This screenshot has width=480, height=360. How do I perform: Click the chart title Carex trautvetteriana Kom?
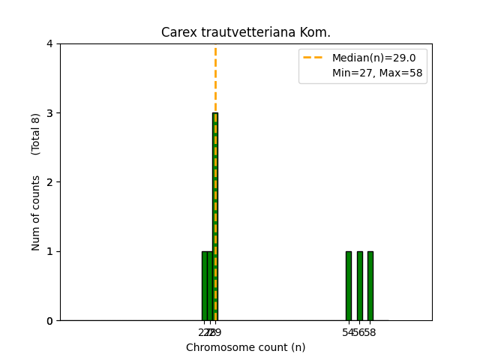(x=246, y=32)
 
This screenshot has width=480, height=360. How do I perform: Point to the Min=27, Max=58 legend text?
(x=377, y=73)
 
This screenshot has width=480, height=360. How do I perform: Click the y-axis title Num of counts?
(x=36, y=212)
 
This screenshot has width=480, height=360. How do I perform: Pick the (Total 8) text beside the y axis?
(x=36, y=134)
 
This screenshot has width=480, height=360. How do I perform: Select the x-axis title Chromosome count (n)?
(x=246, y=347)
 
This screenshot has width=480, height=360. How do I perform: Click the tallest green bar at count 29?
(x=215, y=217)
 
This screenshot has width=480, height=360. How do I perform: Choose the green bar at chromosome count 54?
(x=348, y=286)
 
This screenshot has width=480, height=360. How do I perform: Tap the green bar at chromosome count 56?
(x=359, y=286)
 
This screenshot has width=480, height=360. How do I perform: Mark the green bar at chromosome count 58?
(x=370, y=286)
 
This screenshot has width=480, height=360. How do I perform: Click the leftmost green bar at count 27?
(x=204, y=286)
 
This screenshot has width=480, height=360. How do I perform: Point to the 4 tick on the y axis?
(x=49, y=43)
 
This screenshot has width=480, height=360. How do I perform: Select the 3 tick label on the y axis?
(x=49, y=113)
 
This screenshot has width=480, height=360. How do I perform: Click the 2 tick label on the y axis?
(x=49, y=182)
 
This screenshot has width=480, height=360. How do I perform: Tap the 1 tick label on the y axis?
(x=49, y=251)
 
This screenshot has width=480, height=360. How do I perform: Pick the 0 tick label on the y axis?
(x=49, y=321)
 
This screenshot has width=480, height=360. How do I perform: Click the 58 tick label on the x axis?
(x=370, y=332)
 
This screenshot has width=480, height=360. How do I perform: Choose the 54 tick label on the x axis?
(x=348, y=332)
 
